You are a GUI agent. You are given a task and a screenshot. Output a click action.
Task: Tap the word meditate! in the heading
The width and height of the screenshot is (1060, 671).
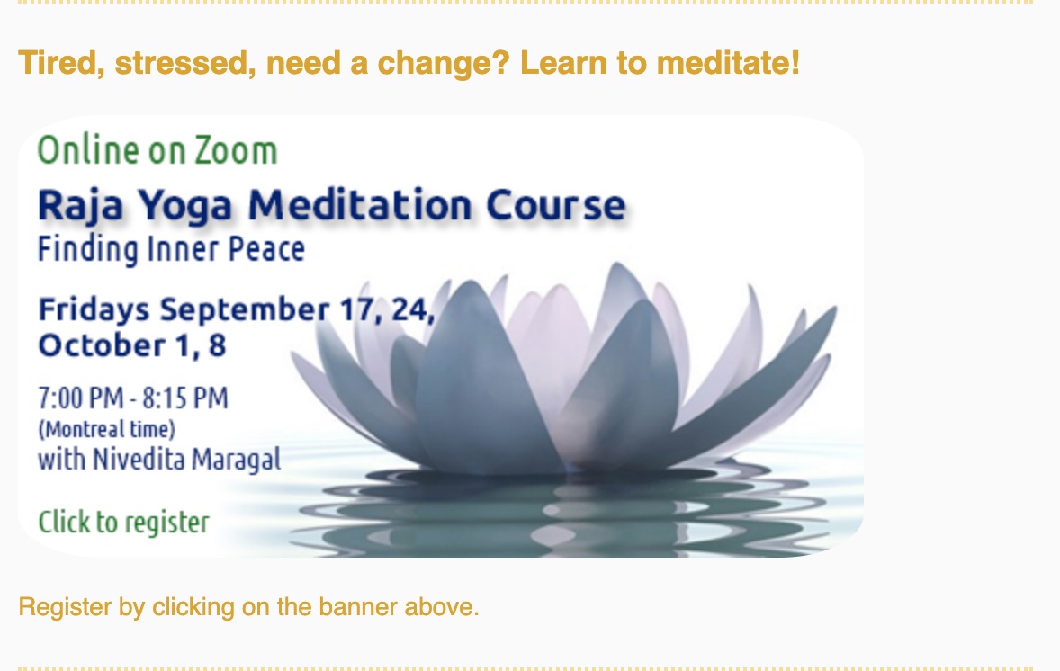point(728,63)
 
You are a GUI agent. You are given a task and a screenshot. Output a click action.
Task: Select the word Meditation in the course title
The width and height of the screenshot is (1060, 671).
point(360,205)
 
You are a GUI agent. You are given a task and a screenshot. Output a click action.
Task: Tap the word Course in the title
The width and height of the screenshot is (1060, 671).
point(556,205)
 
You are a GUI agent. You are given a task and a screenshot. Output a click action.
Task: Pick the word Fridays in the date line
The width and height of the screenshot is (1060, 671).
point(94,310)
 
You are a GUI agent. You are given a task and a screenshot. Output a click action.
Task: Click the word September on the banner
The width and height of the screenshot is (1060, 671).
point(245,310)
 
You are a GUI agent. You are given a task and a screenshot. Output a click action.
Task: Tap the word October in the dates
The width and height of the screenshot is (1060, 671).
point(102,345)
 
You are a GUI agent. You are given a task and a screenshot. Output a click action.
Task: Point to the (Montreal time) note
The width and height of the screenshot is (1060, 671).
point(107,430)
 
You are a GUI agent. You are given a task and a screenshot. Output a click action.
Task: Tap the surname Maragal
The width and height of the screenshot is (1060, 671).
point(236,461)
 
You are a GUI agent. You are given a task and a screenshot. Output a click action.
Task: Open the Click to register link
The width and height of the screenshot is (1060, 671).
point(123,523)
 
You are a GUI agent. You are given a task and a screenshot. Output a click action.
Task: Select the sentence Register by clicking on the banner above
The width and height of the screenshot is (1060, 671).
point(248,607)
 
